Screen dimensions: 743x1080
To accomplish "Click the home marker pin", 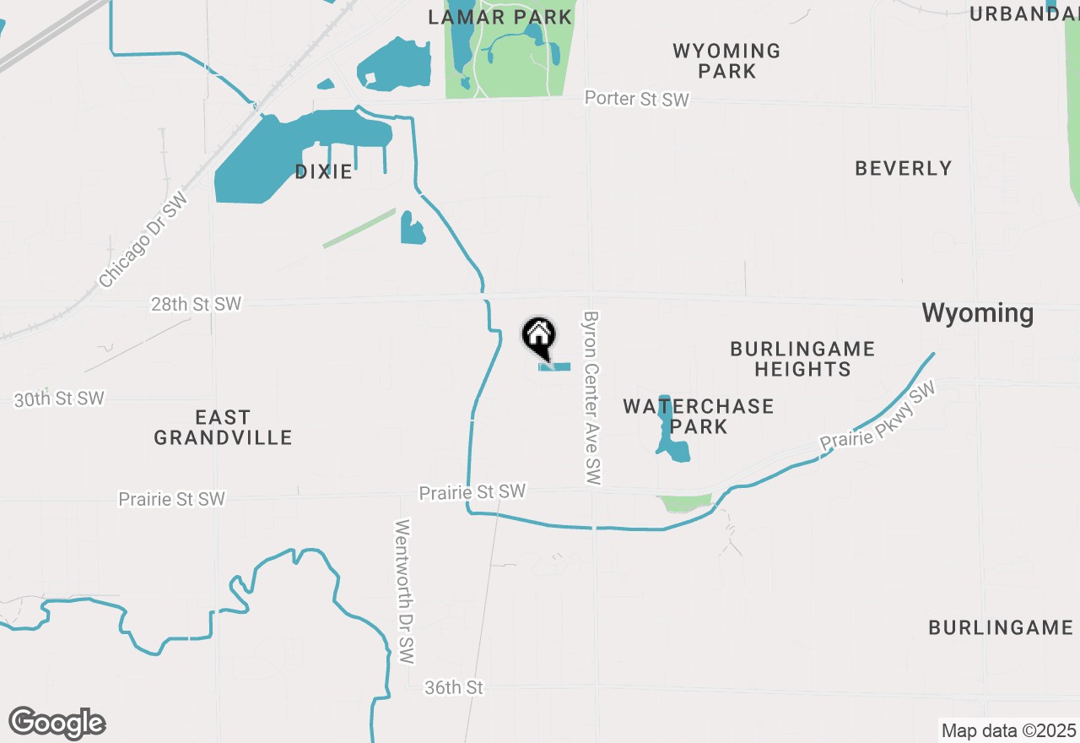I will click(538, 337).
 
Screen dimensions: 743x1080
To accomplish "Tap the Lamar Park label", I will click(500, 17).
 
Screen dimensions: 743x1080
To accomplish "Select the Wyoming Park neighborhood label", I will click(726, 61).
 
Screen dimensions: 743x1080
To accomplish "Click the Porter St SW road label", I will click(637, 99).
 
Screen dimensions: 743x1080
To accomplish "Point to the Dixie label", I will click(323, 171).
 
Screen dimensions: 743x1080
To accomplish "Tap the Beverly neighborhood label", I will click(903, 168).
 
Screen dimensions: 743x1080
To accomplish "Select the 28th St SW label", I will click(196, 304).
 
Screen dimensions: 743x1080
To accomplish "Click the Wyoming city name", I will click(977, 313).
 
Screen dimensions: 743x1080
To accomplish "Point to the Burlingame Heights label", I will click(802, 359).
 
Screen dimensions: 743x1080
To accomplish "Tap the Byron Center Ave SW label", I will click(593, 397).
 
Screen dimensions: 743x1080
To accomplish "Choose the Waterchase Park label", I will click(699, 416).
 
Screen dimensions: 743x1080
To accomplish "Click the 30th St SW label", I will click(59, 399).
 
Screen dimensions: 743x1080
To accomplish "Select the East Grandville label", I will click(223, 427).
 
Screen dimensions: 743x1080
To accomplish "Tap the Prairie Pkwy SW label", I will click(878, 417).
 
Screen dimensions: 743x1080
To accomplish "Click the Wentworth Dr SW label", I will click(406, 590).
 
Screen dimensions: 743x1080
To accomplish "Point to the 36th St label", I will click(454, 688).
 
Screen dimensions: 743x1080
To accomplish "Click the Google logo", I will click(57, 723).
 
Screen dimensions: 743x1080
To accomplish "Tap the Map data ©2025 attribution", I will click(1008, 730).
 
